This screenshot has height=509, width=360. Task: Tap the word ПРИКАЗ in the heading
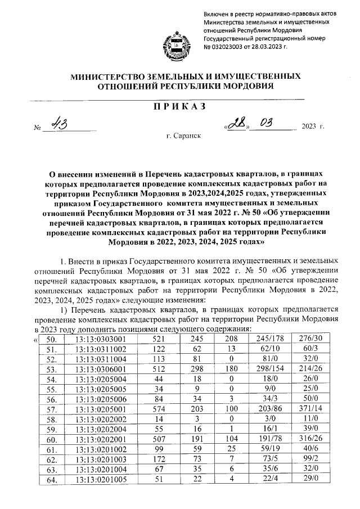click(x=179, y=107)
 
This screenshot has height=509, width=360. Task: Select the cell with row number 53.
click(x=51, y=370)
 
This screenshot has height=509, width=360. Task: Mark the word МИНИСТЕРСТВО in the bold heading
click(x=106, y=76)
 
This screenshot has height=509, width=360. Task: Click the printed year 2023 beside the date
click(x=310, y=126)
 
